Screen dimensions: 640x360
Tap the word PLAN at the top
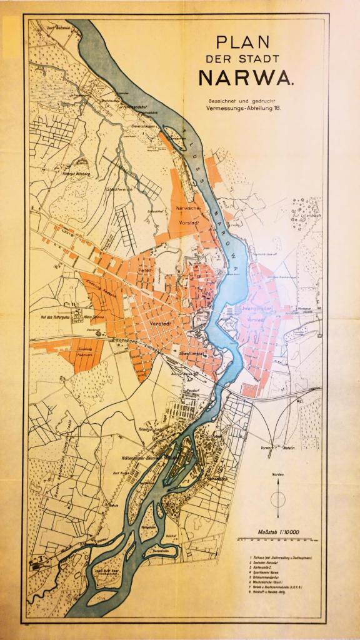[x=243, y=42]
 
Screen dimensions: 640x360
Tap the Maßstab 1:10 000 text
[x=279, y=532]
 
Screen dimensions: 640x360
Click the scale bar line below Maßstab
[x=279, y=539]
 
